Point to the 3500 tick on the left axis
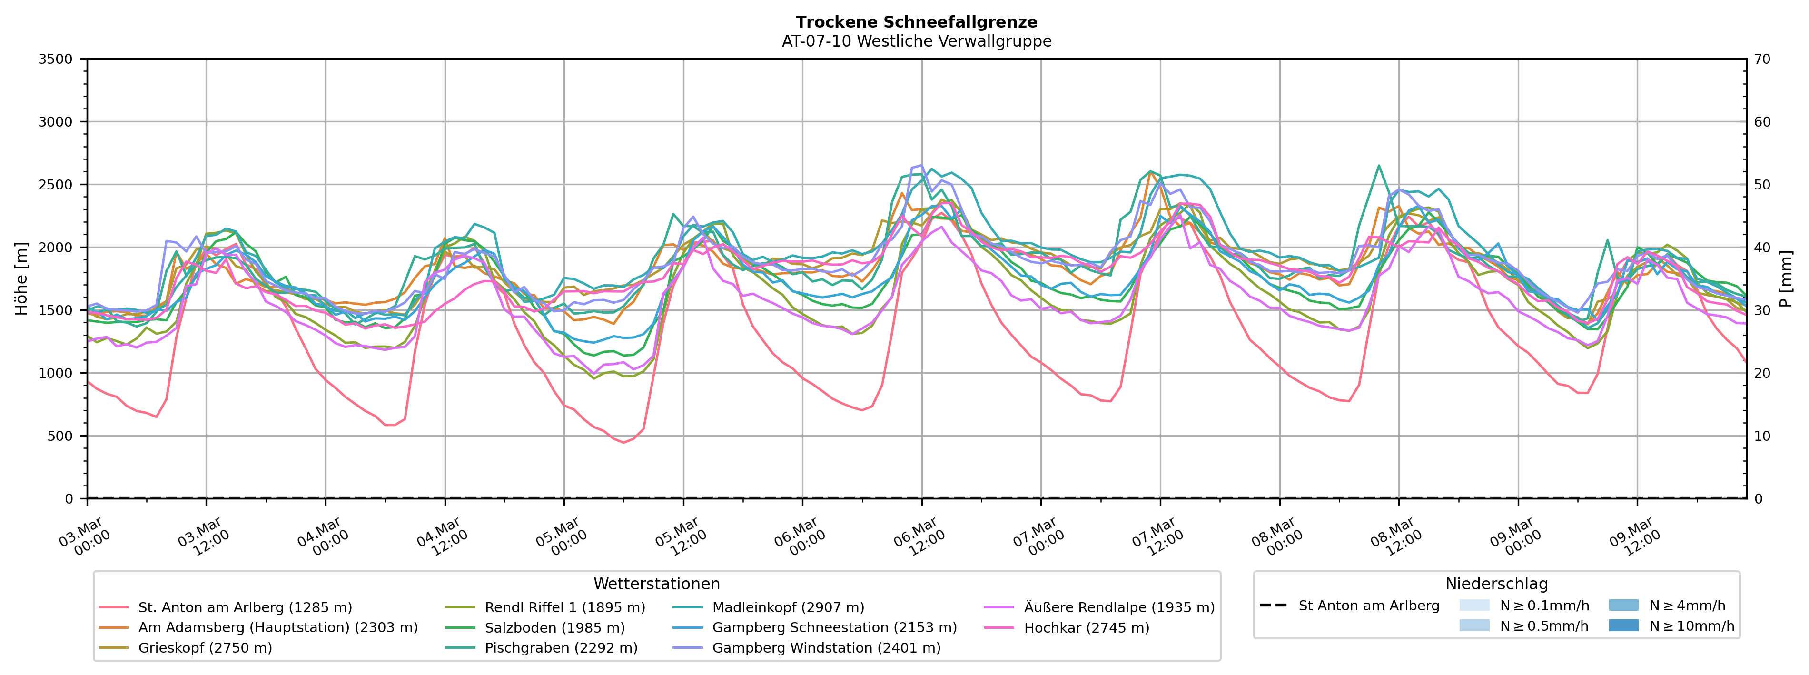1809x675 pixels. [x=56, y=59]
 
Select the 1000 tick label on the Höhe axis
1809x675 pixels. [x=56, y=373]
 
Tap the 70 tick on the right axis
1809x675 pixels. [x=1763, y=59]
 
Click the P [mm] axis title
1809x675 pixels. [x=1786, y=279]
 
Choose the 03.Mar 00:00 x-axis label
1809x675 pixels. [x=84, y=537]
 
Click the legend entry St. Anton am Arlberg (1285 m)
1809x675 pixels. [x=245, y=607]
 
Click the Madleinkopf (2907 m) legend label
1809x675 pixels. [x=788, y=607]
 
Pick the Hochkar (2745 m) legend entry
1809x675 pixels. [x=1087, y=628]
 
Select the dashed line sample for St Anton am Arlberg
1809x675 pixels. [x=1273, y=606]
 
